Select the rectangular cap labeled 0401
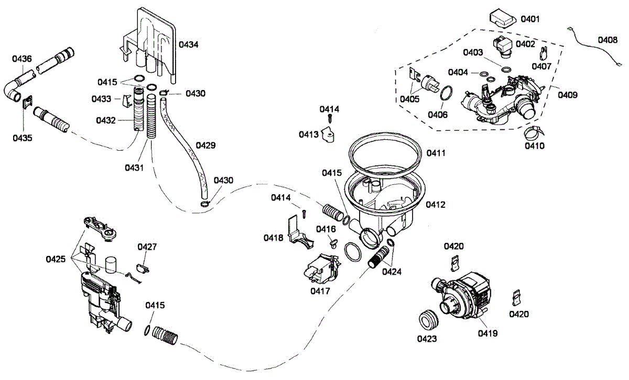point(502,18)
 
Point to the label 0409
point(568,95)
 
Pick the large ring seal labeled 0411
point(385,148)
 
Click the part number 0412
point(436,205)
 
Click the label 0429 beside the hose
point(205,144)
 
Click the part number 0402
point(525,44)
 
